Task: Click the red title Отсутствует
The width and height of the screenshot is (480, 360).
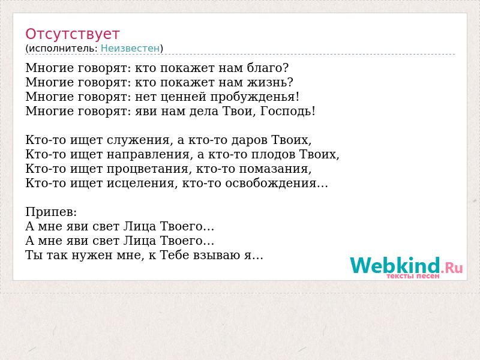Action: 72,34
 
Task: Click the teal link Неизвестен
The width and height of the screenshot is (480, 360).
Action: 130,48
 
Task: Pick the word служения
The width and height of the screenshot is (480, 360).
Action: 138,140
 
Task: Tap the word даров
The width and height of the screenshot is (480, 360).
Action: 250,140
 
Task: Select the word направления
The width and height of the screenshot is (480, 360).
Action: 148,154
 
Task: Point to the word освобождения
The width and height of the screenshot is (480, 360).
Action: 271,183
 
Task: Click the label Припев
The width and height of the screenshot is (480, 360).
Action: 50,212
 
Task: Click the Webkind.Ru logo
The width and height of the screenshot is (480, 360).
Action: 406,265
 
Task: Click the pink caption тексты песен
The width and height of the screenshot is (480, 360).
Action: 413,276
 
